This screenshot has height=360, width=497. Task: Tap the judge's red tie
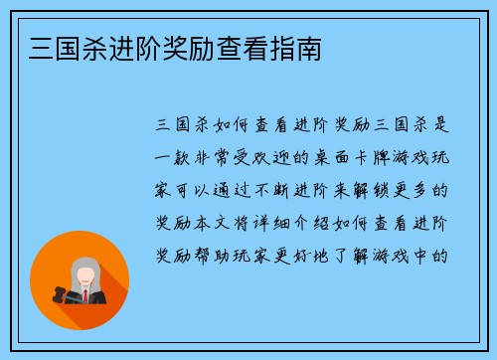(x=84, y=295)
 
